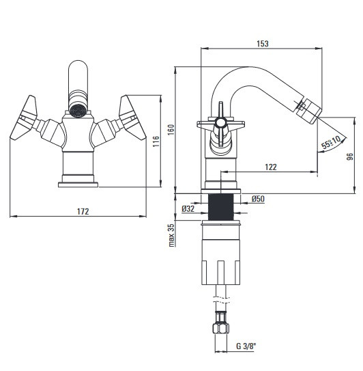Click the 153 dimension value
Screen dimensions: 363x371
(x=263, y=44)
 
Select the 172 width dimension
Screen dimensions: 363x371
(x=83, y=211)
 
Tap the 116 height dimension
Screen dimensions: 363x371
(x=156, y=141)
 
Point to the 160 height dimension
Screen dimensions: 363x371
(x=171, y=130)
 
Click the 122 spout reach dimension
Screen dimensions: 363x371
(x=271, y=167)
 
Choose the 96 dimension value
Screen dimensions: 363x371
(x=350, y=156)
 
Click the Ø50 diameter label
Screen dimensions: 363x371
(x=258, y=199)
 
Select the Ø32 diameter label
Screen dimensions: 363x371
(x=188, y=208)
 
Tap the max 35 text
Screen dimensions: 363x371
(x=171, y=235)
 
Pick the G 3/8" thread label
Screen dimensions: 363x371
(x=246, y=346)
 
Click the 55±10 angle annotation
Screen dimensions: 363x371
(x=332, y=142)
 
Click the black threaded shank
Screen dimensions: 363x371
(x=220, y=207)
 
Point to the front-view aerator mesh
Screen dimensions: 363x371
(x=78, y=111)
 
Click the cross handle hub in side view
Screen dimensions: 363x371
(x=220, y=122)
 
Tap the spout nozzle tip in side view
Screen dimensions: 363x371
(x=310, y=111)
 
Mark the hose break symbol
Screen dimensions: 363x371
(x=221, y=300)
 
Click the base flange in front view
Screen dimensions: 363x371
(x=78, y=184)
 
